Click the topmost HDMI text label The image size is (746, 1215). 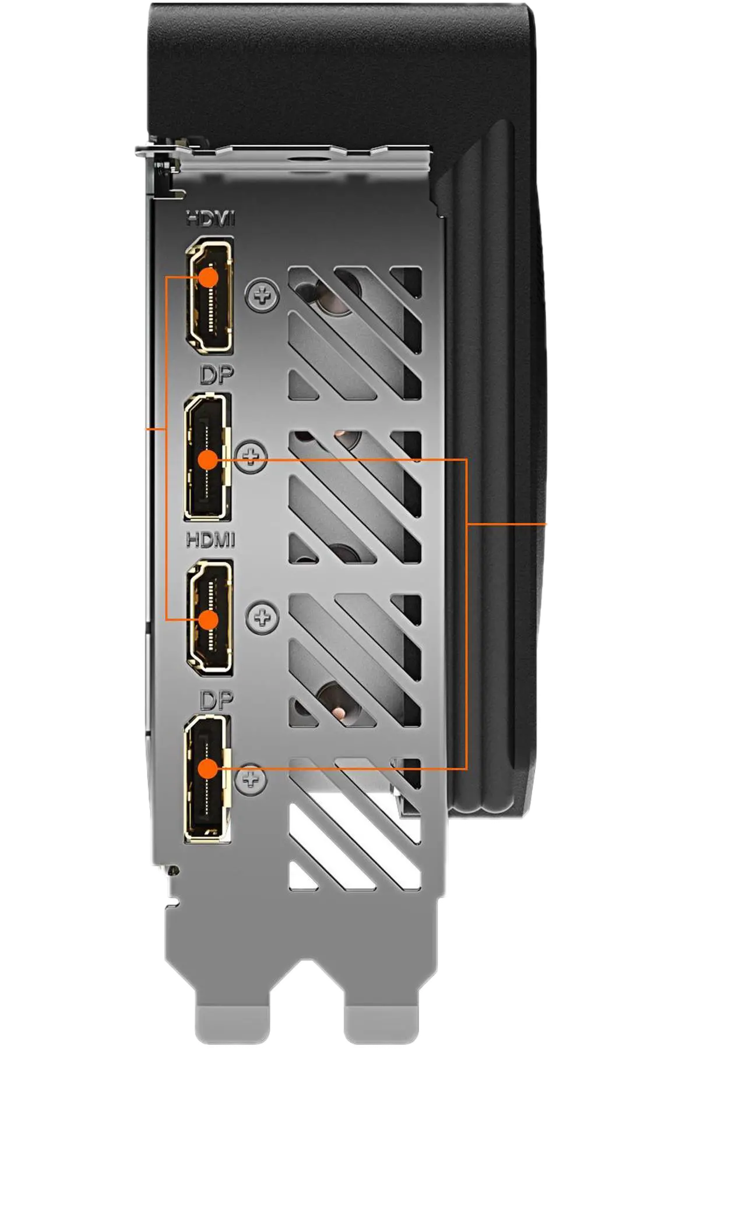210,220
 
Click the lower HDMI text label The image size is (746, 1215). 210,541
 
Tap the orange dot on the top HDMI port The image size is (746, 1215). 208,277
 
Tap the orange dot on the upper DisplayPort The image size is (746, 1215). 207,460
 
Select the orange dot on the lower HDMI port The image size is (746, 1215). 208,620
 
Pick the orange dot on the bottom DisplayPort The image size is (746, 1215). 207,769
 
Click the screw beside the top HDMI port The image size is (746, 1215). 263,296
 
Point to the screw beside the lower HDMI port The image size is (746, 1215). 263,616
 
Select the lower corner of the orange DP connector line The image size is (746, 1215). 467,769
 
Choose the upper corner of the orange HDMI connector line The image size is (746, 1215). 167,277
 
